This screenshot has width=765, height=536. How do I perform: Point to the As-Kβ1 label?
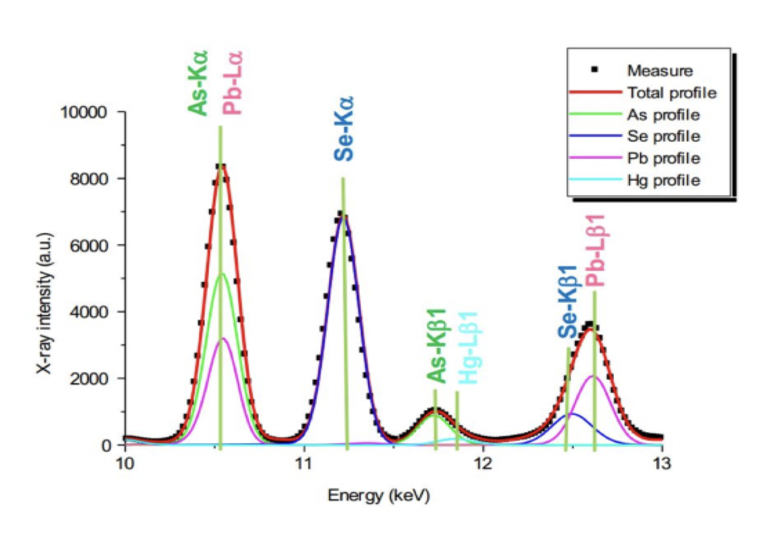pos(437,347)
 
